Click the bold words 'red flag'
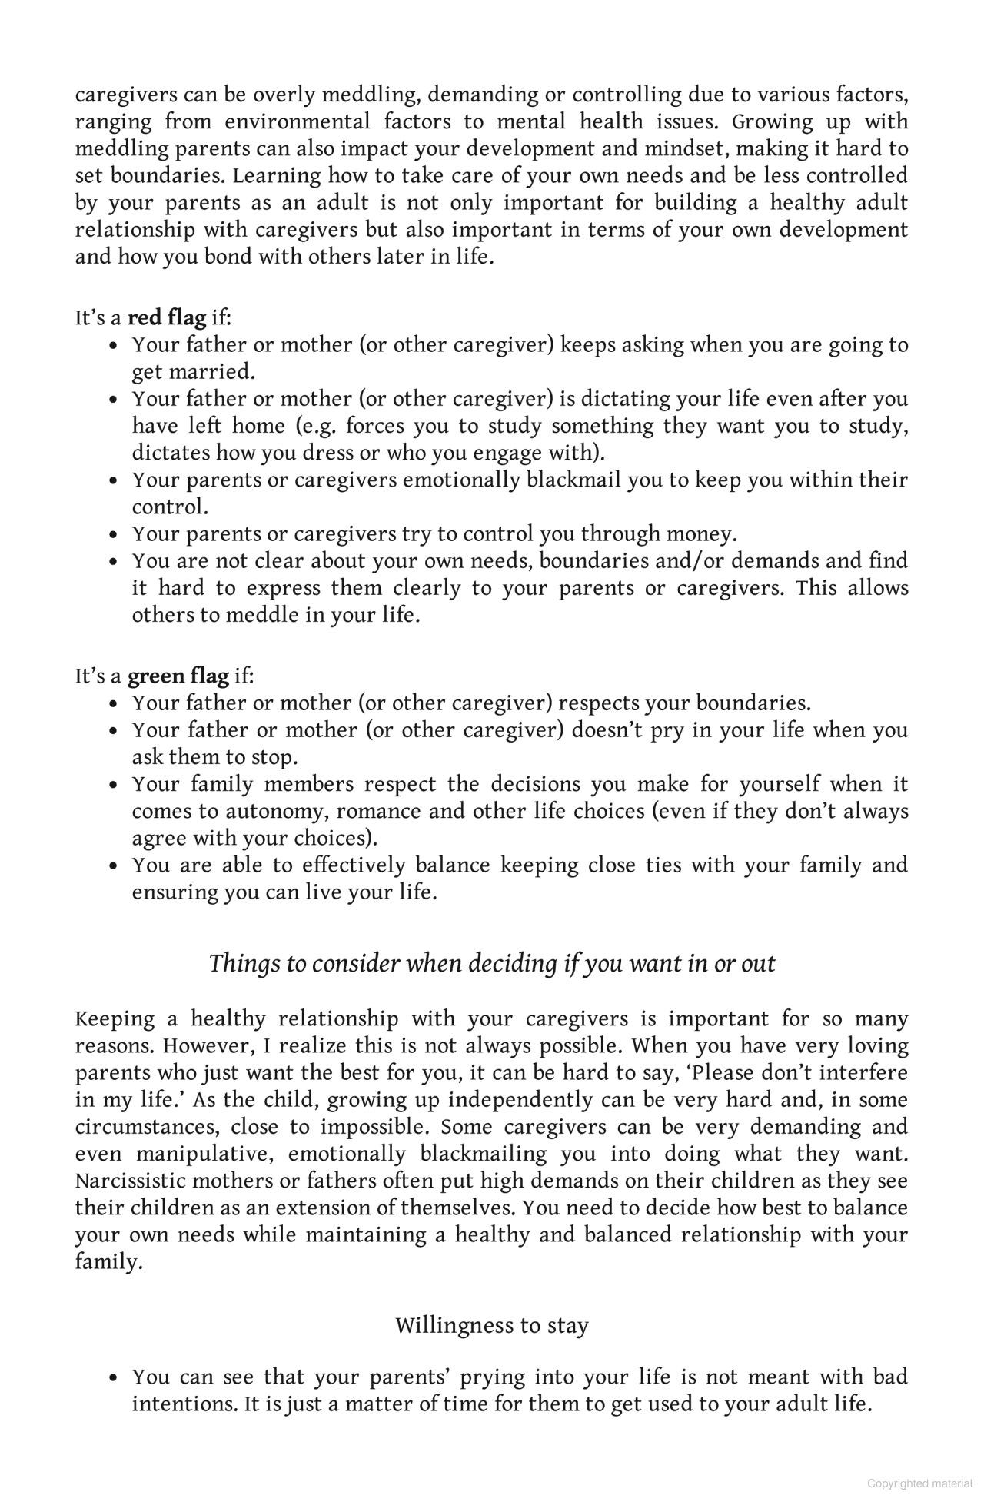coord(166,318)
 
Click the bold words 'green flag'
coord(178,676)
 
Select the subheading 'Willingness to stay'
coord(491,1325)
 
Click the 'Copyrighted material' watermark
coord(919,1483)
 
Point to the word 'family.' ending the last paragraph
coord(108,1262)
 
